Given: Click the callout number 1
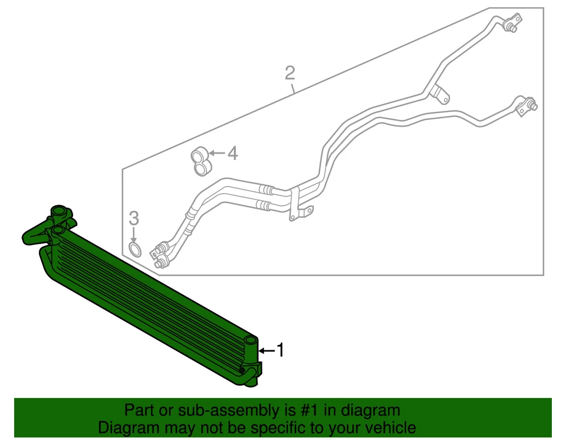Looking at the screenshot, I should click(x=281, y=350).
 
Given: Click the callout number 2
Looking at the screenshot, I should click(x=289, y=74).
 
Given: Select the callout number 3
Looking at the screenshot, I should click(x=134, y=218).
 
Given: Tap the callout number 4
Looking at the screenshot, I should click(x=232, y=154).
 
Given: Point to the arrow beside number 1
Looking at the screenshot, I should click(x=267, y=351).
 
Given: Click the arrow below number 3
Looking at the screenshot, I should click(x=134, y=234).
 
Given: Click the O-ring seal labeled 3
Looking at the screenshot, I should click(x=135, y=250).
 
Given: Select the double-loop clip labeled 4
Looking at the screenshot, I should click(x=200, y=162).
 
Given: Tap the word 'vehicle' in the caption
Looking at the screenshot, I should click(x=386, y=428).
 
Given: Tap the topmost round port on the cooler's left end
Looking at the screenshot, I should click(x=59, y=211).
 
